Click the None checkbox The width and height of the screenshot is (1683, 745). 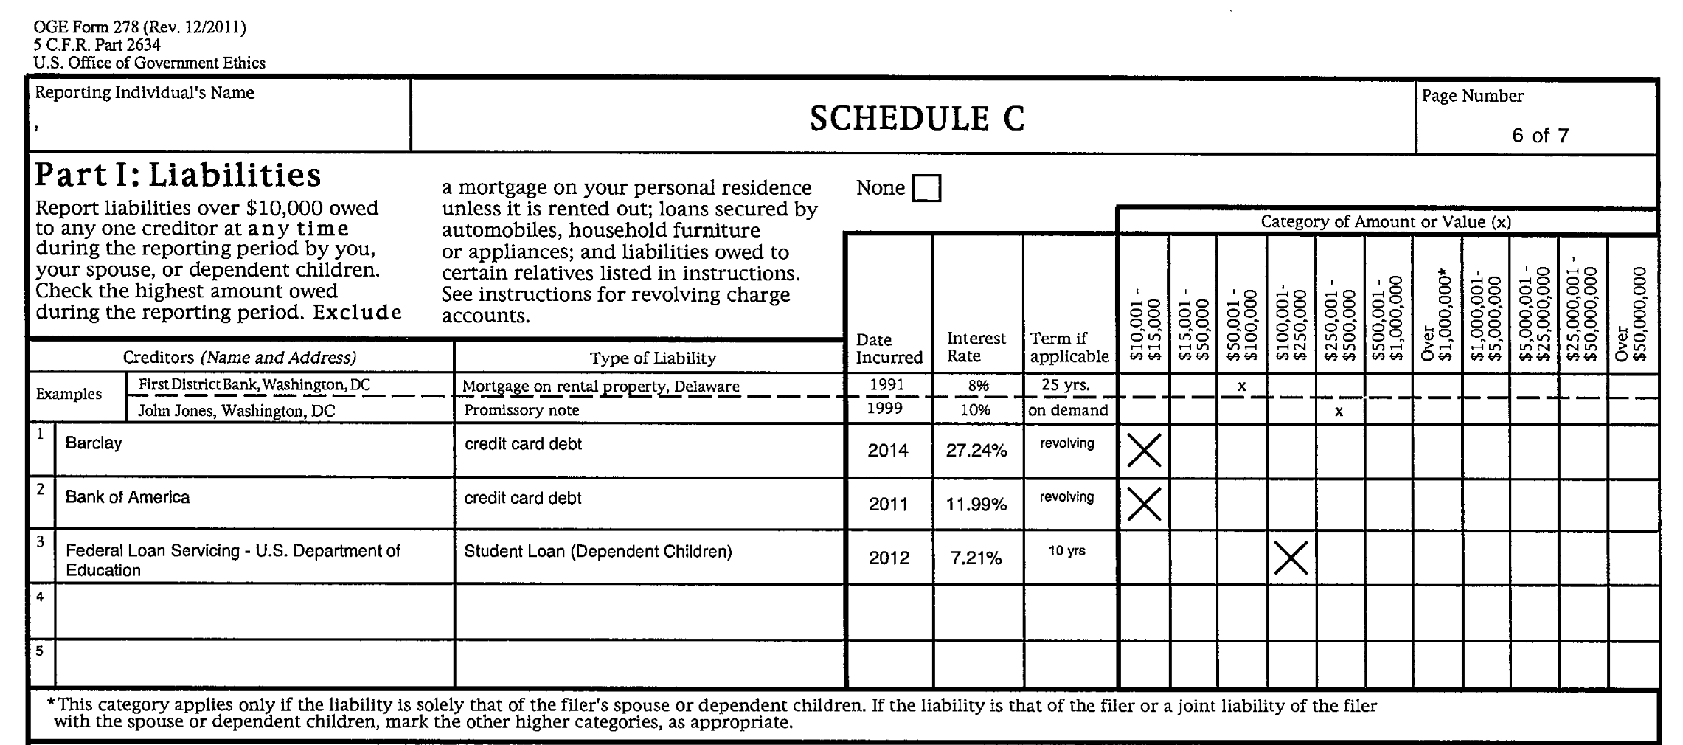(x=926, y=188)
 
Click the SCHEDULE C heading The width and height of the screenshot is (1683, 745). (x=917, y=119)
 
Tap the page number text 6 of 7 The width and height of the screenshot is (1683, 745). (x=1540, y=136)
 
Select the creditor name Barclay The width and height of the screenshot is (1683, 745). (x=94, y=443)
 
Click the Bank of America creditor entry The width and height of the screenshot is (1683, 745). (x=127, y=497)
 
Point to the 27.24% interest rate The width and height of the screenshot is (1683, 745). (x=976, y=451)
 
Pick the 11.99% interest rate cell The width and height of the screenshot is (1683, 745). (x=976, y=505)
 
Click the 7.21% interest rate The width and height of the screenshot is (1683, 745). (x=976, y=558)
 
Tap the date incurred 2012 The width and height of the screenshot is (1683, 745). (x=888, y=558)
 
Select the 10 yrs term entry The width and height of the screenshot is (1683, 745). (x=1066, y=551)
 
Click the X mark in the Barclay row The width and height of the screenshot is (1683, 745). (x=1144, y=451)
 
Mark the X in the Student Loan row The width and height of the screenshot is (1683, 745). (x=1291, y=558)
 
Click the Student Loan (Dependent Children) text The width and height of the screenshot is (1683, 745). (x=597, y=552)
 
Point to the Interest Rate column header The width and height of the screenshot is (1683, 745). (x=976, y=347)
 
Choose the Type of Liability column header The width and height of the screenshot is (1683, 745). (x=652, y=358)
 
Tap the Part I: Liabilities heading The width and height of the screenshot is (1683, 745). (x=178, y=176)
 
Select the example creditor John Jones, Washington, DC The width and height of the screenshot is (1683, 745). (x=236, y=411)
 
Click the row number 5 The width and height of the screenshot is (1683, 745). (x=40, y=651)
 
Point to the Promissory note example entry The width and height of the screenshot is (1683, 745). (x=521, y=410)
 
